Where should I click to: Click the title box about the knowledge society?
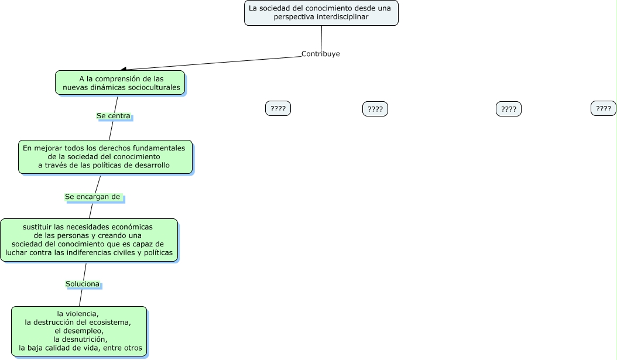pos(321,13)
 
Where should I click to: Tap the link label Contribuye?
pos(320,54)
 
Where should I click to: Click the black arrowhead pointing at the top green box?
pos(123,69)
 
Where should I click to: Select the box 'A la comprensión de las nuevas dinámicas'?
pos(120,83)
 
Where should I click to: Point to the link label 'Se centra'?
pos(114,116)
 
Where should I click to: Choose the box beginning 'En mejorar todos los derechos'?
pos(105,157)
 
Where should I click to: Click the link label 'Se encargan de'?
pos(92,197)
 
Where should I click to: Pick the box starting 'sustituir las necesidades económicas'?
pos(89,240)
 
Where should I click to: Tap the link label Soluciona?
pos(83,284)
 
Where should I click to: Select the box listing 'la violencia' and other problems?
pos(79,331)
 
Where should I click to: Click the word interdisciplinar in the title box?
pos(342,17)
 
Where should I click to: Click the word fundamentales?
pos(159,148)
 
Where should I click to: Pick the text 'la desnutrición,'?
pos(80,339)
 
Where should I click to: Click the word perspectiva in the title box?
pos(294,17)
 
